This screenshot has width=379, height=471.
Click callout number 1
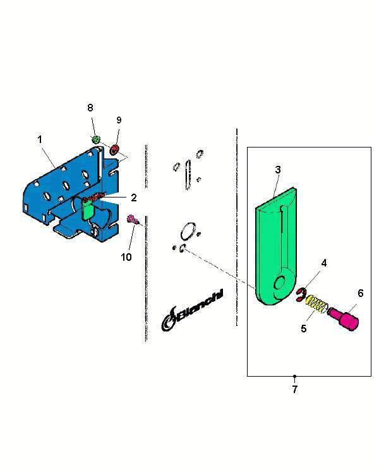coord(40,140)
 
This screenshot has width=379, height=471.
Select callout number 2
coord(134,198)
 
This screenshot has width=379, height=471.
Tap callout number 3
coord(278,170)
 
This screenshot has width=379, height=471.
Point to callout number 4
coord(324,263)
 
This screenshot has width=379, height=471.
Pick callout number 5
coord(304,329)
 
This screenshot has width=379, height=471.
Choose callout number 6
coord(361,293)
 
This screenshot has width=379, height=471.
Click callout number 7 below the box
coord(295,389)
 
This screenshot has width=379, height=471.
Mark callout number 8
coord(90,108)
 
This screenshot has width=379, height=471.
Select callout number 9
coord(119,120)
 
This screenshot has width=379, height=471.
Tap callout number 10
coord(126,257)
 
